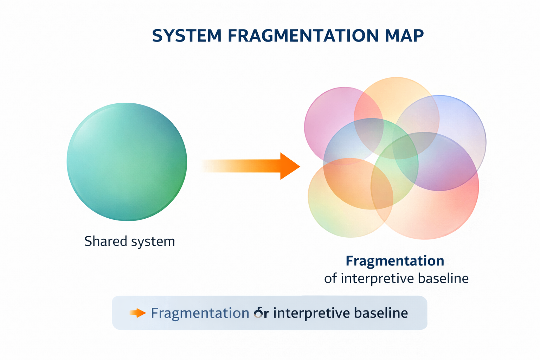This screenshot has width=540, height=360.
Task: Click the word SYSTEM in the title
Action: point(187,36)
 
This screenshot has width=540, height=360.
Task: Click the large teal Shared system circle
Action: point(127,162)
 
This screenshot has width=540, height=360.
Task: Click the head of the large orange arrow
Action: point(289,166)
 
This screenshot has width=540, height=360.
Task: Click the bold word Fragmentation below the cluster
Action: point(395,261)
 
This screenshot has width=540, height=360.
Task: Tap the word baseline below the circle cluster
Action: point(443,278)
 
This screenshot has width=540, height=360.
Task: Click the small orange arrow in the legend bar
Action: point(137,313)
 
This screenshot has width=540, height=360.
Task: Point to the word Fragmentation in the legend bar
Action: point(200,313)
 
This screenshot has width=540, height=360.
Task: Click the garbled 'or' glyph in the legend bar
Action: point(261,313)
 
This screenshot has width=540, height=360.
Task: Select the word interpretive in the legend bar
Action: point(311,313)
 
